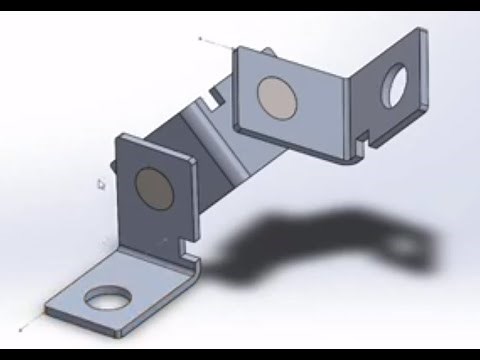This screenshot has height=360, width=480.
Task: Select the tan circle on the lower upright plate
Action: [152, 186]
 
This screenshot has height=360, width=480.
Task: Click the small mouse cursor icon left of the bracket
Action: [100, 183]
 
